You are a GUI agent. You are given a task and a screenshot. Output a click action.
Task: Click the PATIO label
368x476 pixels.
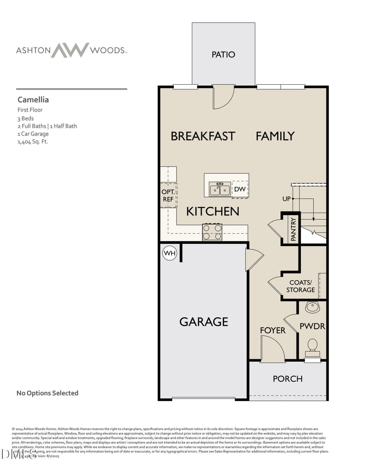click(223, 54)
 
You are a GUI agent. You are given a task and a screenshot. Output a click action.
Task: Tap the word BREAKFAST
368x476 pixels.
click(203, 136)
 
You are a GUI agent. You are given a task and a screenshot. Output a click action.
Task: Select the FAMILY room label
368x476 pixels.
click(275, 136)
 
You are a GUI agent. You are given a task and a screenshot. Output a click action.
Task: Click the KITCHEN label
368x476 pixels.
click(213, 212)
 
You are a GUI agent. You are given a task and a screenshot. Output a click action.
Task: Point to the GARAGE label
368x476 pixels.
click(203, 321)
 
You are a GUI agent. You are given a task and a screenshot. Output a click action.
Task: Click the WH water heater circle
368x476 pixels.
click(170, 253)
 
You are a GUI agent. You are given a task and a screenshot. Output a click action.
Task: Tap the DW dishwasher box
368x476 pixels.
click(240, 189)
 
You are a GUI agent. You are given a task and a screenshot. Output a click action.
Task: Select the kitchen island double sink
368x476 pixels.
click(219, 189)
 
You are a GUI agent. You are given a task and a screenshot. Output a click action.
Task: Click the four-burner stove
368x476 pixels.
click(212, 232)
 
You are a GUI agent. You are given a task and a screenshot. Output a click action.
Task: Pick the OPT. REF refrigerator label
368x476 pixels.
click(167, 195)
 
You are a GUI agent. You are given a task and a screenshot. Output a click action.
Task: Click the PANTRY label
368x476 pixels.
click(293, 229)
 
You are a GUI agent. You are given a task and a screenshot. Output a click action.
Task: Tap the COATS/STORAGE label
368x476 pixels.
click(300, 286)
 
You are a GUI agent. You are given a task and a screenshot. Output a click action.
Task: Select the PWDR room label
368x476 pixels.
click(312, 326)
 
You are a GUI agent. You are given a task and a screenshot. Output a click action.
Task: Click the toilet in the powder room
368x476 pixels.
click(312, 346)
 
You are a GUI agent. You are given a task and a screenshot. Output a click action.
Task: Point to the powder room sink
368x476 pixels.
click(312, 307)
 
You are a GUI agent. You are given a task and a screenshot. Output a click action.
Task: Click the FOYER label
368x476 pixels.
click(272, 330)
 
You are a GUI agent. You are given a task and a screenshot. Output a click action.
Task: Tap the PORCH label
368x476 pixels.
click(287, 379)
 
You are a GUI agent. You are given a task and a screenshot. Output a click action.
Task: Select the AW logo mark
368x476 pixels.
click(70, 50)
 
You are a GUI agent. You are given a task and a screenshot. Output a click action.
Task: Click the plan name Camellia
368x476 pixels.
click(33, 99)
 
